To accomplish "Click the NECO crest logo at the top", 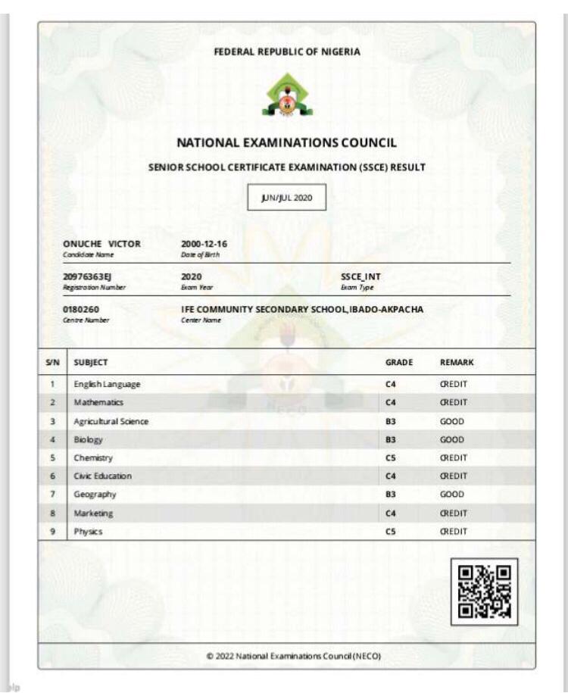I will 286,96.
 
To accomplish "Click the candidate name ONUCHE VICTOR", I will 102,244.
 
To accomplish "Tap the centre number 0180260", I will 81,309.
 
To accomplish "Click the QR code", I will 485,592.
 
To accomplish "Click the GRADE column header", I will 399,362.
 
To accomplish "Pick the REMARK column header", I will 457,362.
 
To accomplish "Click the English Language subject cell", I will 108,384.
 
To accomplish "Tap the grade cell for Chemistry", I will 392,457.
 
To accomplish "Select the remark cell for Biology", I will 452,439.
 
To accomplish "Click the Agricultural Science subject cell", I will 111,421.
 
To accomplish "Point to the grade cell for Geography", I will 392,495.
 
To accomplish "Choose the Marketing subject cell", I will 93,513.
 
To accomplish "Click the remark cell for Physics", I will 454,532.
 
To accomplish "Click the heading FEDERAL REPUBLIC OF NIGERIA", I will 287,52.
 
